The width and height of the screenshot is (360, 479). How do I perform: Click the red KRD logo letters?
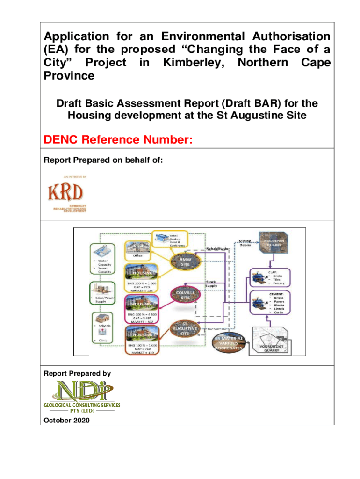click(65, 192)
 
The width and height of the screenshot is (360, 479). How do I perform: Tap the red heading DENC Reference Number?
click(118, 139)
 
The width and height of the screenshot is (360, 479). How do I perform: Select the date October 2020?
click(65, 421)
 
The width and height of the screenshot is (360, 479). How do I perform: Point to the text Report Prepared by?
click(77, 373)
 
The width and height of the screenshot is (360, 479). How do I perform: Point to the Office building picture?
click(137, 246)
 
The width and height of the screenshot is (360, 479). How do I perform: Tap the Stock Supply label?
click(211, 283)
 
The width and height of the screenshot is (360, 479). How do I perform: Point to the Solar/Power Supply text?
click(103, 299)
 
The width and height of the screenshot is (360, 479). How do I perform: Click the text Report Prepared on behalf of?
click(103, 160)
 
